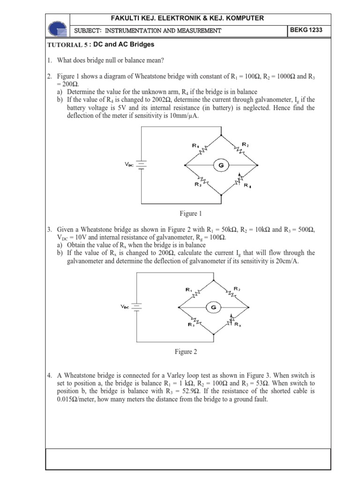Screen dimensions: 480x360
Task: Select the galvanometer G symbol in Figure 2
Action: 214,307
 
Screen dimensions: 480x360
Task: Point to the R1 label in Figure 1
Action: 195,146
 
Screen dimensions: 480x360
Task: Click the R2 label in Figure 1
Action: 245,144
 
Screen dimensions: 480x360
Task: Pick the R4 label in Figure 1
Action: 247,185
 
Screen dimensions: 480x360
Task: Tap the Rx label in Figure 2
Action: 238,324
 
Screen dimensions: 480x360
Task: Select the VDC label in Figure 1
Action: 129,164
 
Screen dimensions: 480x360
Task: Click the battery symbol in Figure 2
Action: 137,307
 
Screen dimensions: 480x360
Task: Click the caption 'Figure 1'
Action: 190,214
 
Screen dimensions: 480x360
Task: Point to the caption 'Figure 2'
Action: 183,352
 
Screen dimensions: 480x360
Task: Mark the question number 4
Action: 49,376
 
